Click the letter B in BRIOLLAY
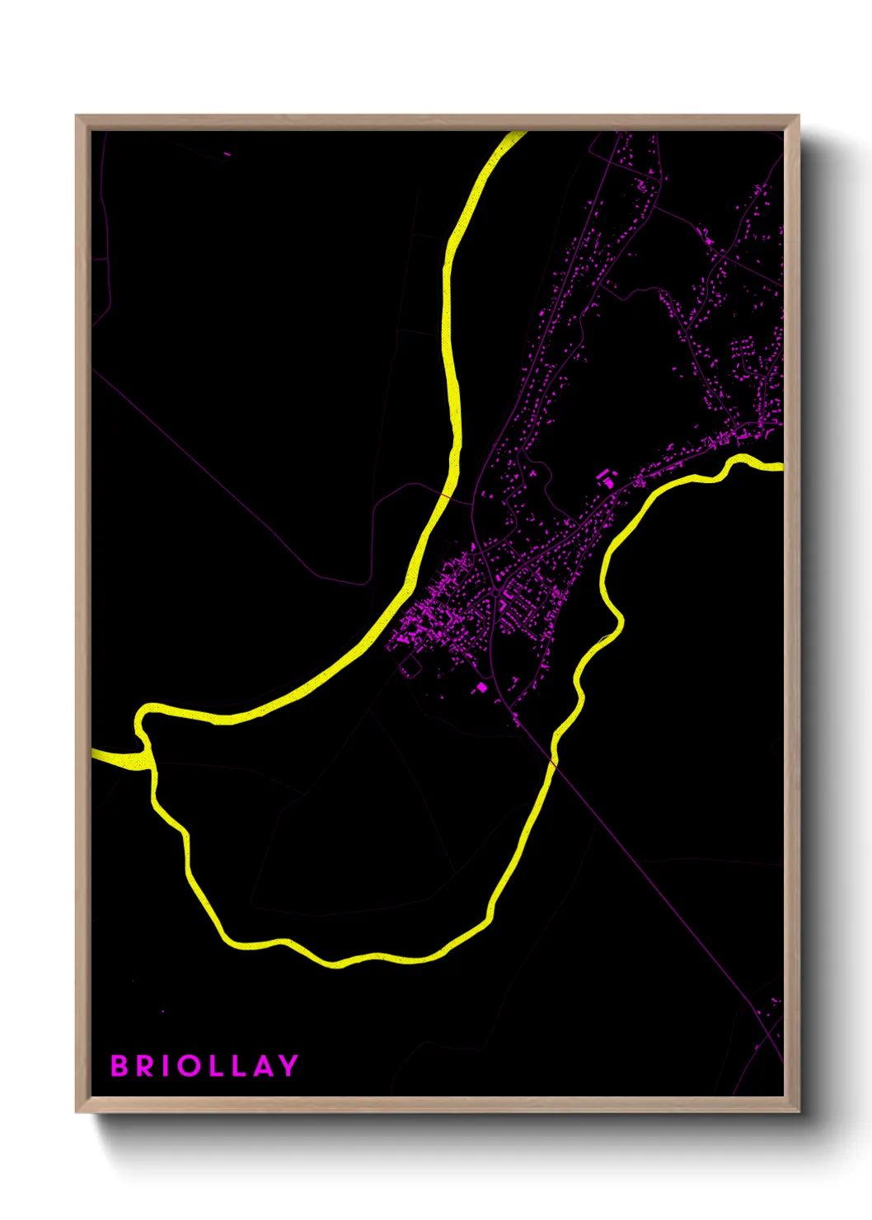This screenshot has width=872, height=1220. click(x=120, y=1066)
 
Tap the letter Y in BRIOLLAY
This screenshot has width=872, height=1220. click(x=288, y=1066)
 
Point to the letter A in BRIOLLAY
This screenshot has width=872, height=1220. click(x=263, y=1066)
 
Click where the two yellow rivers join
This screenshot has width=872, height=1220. click(x=148, y=754)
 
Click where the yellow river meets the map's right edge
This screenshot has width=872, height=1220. click(x=781, y=467)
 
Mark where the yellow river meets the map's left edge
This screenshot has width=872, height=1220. click(x=93, y=753)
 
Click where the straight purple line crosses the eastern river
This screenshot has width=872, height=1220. click(x=553, y=764)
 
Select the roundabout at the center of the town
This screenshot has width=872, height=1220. click(x=492, y=590)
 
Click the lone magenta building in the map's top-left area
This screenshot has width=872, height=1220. click(x=227, y=153)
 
